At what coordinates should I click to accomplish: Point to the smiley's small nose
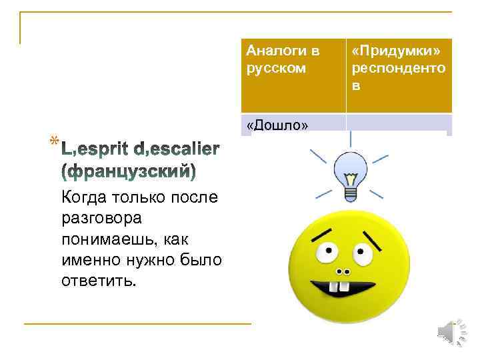[343, 272]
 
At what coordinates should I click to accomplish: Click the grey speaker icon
[453, 332]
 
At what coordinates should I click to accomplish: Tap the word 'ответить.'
[98, 280]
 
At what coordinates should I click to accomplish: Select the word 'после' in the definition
[191, 197]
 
